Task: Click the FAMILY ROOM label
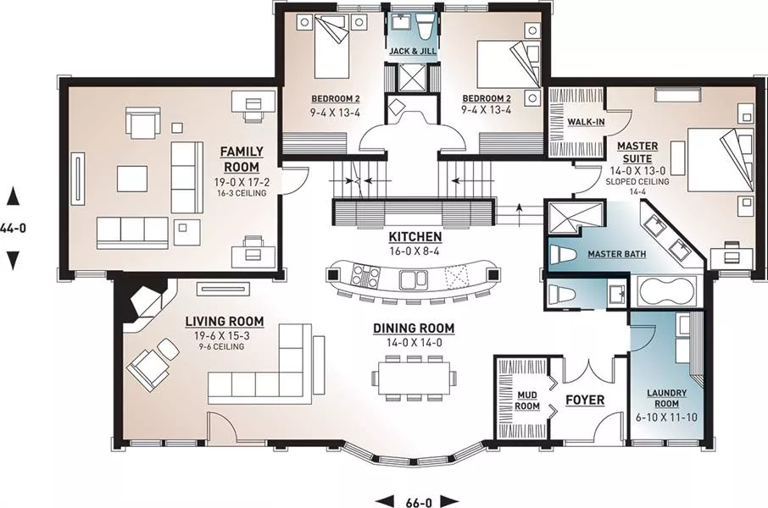(x=242, y=159)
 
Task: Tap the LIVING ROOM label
(x=225, y=322)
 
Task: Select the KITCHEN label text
(x=415, y=237)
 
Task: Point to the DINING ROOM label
(x=414, y=329)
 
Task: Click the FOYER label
(x=585, y=400)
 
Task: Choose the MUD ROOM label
(x=527, y=400)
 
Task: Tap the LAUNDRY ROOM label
(x=666, y=399)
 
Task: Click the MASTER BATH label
(x=616, y=254)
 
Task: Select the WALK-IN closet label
(x=586, y=122)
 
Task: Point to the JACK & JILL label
(x=413, y=51)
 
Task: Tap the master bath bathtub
(x=667, y=292)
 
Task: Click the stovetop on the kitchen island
(x=365, y=277)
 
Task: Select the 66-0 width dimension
(x=419, y=502)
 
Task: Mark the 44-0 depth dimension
(x=13, y=228)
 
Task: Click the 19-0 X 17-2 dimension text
(x=242, y=183)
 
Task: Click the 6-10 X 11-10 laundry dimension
(x=666, y=418)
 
